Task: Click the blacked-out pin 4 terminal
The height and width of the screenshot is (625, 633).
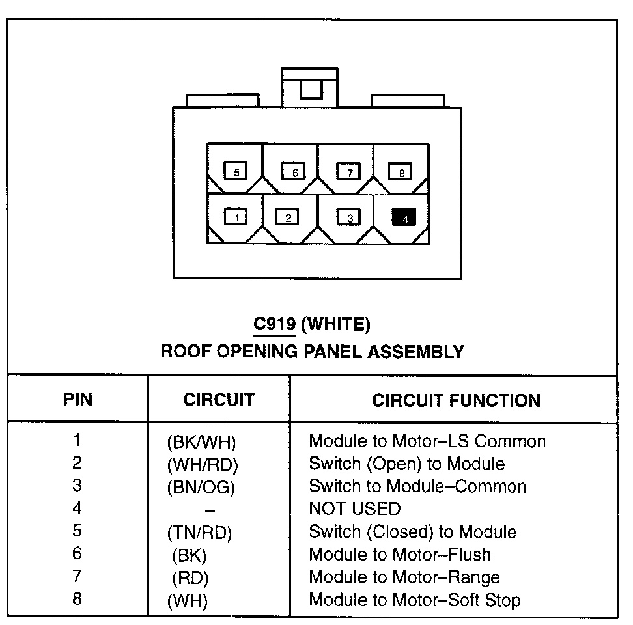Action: pyautogui.click(x=403, y=217)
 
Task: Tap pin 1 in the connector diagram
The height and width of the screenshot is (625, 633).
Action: pyautogui.click(x=236, y=216)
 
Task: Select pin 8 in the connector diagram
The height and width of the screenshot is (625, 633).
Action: pyautogui.click(x=401, y=172)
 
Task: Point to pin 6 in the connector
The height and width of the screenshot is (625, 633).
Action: pyautogui.click(x=293, y=171)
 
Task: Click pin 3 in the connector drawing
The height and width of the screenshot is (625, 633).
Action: pyautogui.click(x=348, y=217)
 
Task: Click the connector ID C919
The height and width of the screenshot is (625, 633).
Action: pyautogui.click(x=274, y=324)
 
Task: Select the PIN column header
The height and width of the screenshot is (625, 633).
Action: pyautogui.click(x=77, y=399)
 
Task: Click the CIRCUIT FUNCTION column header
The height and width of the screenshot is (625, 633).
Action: pyautogui.click(x=456, y=400)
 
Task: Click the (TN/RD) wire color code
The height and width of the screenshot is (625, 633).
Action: pyautogui.click(x=199, y=533)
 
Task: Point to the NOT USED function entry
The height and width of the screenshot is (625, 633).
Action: pyautogui.click(x=355, y=508)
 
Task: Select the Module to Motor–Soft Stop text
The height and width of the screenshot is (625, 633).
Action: pyautogui.click(x=415, y=600)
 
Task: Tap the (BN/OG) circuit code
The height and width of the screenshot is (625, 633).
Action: pyautogui.click(x=201, y=487)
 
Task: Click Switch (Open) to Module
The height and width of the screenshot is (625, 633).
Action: pyautogui.click(x=406, y=464)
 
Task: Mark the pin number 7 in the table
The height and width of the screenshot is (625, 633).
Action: pyautogui.click(x=77, y=576)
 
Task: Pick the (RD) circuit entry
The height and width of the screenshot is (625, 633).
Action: pyautogui.click(x=190, y=578)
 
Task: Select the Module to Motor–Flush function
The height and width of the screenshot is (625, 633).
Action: pyautogui.click(x=400, y=555)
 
